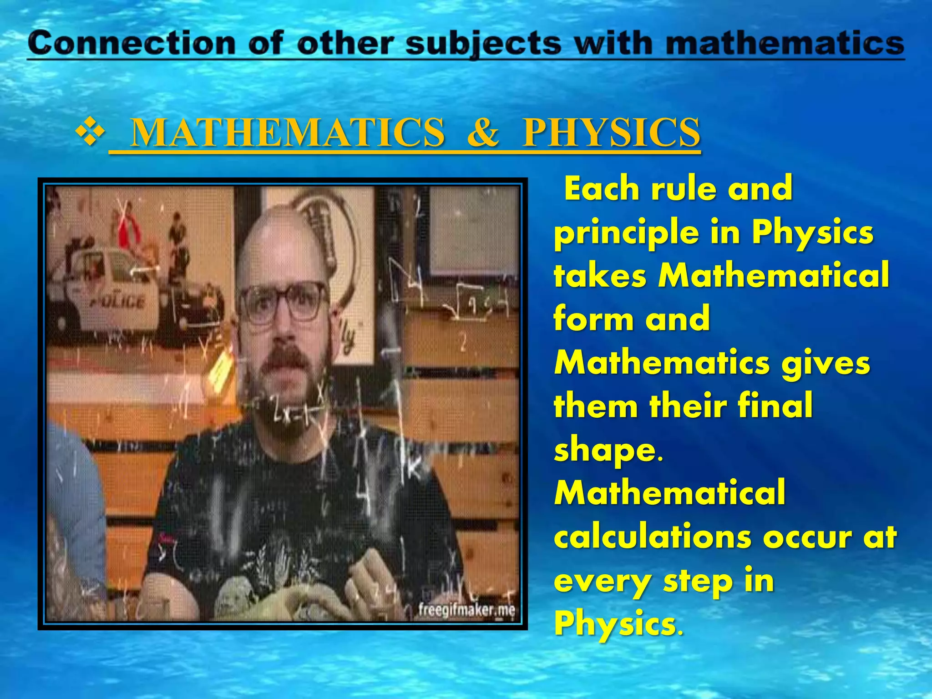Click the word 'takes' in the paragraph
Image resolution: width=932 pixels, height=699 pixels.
[600, 276]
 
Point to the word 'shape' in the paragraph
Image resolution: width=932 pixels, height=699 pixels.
[605, 451]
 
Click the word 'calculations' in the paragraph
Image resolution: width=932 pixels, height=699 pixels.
[652, 537]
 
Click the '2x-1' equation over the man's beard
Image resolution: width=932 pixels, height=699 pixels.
[291, 412]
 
